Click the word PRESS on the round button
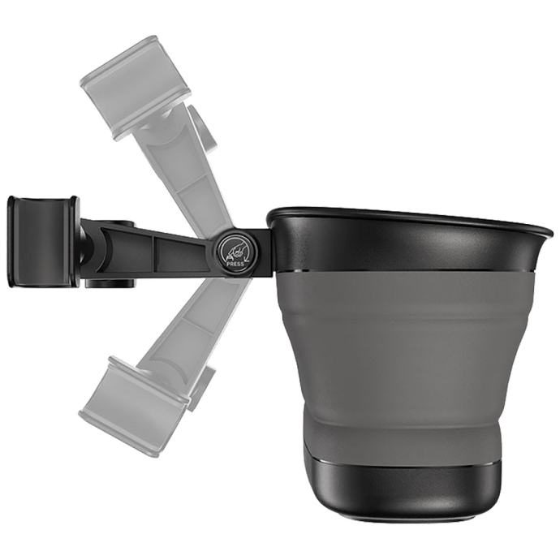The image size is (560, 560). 235,264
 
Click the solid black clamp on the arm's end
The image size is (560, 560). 42,242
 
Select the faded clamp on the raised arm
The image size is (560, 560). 135,88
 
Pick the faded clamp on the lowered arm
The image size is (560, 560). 135,405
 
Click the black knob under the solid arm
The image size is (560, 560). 110,283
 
